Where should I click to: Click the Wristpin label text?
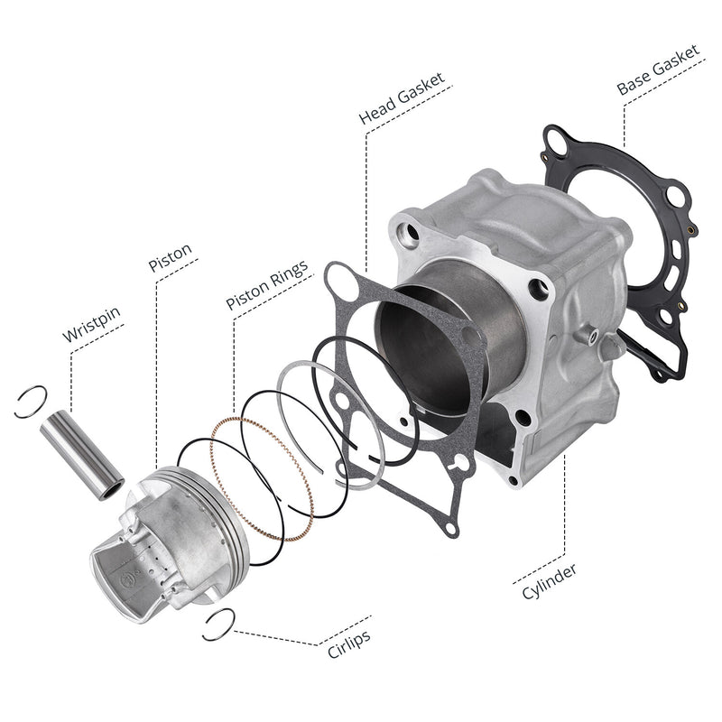(x=91, y=324)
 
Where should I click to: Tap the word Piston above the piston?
(x=170, y=257)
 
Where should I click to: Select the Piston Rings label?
(x=266, y=284)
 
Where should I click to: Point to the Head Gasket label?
(x=402, y=98)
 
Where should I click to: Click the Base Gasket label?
(x=658, y=69)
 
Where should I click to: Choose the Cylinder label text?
(x=549, y=581)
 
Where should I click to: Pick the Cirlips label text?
(x=349, y=643)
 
